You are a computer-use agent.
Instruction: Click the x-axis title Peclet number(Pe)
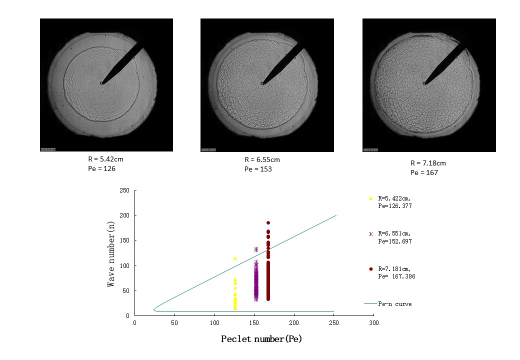click(x=261, y=339)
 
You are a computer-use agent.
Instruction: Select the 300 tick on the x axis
click(x=373, y=323)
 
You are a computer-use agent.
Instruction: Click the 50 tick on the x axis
click(x=174, y=323)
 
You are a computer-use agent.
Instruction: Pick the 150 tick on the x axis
click(x=254, y=323)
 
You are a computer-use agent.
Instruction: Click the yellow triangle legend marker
click(x=370, y=198)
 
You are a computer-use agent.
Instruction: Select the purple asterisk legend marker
click(x=370, y=234)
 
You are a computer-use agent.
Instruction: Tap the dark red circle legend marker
click(x=370, y=269)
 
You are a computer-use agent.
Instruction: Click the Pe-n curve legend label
click(x=395, y=304)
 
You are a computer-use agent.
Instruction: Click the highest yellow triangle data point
click(x=235, y=258)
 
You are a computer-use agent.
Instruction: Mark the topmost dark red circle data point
click(x=268, y=223)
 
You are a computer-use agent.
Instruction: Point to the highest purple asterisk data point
click(x=256, y=249)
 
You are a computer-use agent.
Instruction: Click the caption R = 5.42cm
click(x=105, y=158)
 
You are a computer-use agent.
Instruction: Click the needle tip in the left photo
click(x=101, y=83)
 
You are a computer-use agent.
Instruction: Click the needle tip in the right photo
click(x=424, y=83)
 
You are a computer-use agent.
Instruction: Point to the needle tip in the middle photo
click(x=262, y=83)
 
